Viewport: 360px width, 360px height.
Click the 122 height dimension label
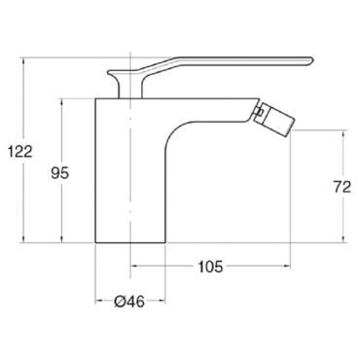coord(20,152)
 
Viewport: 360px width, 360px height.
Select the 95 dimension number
coord(60,173)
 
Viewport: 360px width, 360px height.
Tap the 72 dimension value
coord(342,187)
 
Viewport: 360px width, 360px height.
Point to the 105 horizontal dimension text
coord(211,267)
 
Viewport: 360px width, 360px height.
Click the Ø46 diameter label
coord(129,302)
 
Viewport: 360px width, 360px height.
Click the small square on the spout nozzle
coord(259,112)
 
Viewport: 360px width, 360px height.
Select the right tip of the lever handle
coord(313,59)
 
